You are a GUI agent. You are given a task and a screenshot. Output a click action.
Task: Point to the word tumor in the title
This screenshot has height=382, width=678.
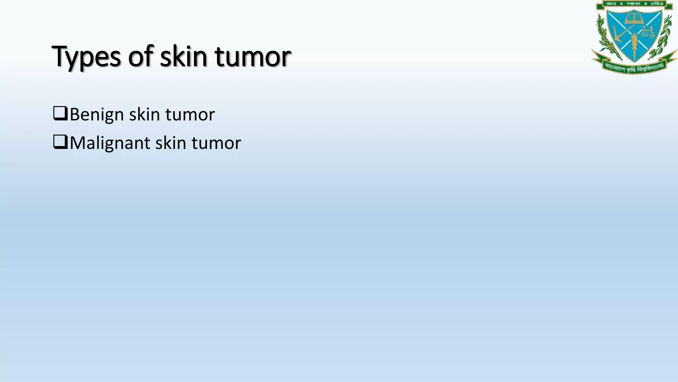[x=253, y=57]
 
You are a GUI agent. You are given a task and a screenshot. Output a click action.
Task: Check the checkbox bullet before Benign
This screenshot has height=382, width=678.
[x=60, y=113]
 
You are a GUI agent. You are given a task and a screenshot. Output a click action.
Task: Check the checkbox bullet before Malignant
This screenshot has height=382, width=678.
[x=60, y=142]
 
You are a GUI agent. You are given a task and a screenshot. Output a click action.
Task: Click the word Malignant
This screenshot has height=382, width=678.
[x=110, y=143]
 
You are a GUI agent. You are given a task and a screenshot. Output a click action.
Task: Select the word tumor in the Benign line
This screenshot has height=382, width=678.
[x=190, y=115]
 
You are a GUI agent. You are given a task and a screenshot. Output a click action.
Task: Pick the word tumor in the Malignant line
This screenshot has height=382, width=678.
[x=216, y=143]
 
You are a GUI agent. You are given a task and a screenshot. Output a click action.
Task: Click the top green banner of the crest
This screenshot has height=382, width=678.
[x=634, y=4]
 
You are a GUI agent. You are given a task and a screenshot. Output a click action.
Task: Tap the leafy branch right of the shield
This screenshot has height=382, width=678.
[x=664, y=36]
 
